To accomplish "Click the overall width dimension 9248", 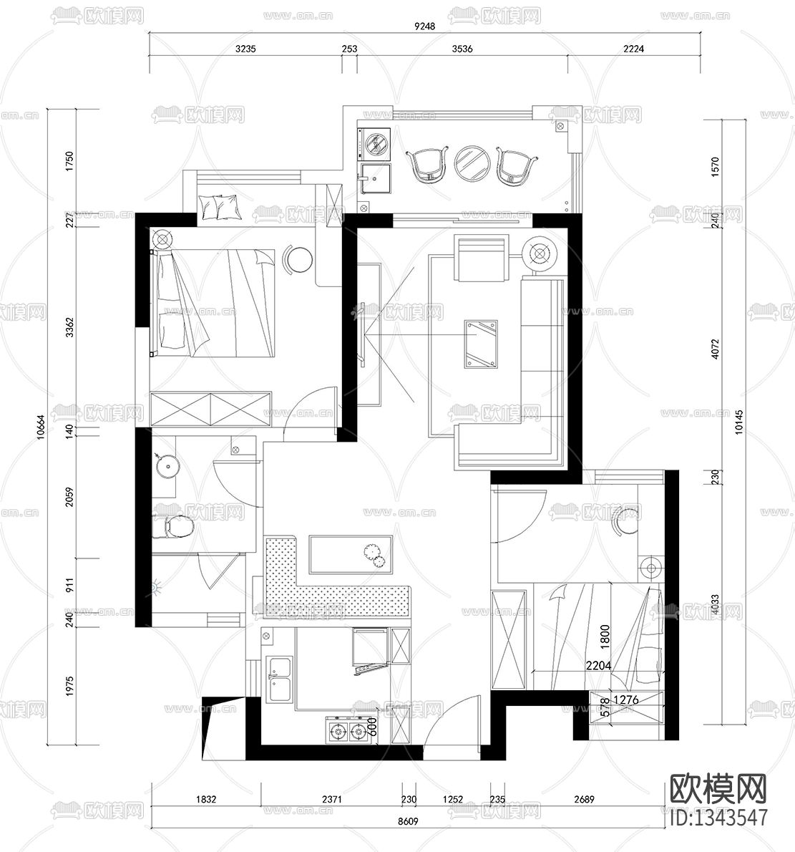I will click(x=425, y=27).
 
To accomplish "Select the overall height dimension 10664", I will click(x=41, y=427).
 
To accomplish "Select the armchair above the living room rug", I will click(x=481, y=258).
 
